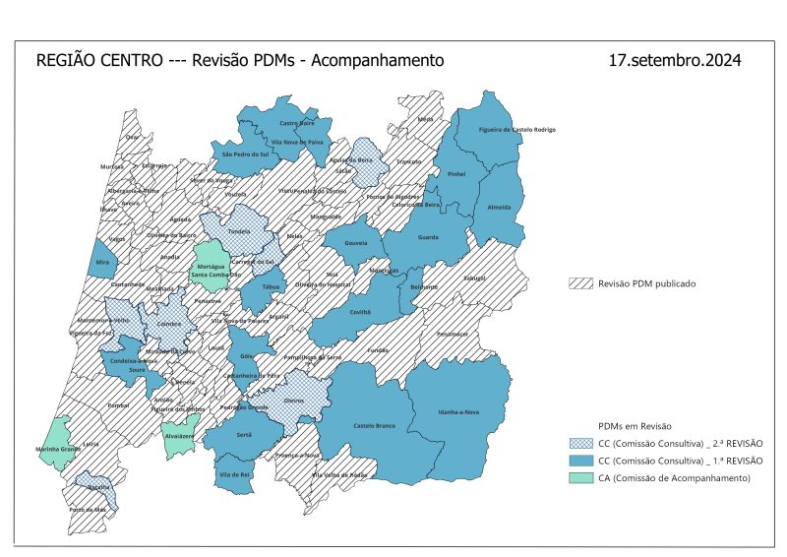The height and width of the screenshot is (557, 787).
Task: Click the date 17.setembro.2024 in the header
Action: click(x=674, y=61)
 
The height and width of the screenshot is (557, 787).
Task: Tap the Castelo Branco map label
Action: click(x=374, y=425)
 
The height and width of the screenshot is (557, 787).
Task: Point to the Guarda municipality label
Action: click(x=428, y=237)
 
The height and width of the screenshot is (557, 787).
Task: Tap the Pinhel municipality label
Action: click(x=455, y=173)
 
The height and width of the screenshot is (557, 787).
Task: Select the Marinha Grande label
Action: click(x=56, y=451)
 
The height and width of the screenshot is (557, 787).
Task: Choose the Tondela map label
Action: click(x=239, y=232)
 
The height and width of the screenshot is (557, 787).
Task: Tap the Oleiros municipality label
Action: click(x=294, y=401)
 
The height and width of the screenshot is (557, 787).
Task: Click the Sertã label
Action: click(x=244, y=433)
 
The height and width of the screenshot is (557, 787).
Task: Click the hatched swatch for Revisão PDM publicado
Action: click(x=581, y=283)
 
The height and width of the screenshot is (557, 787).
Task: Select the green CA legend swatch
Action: click(x=581, y=477)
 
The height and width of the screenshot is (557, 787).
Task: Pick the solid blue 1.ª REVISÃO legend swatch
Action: click(x=581, y=460)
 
